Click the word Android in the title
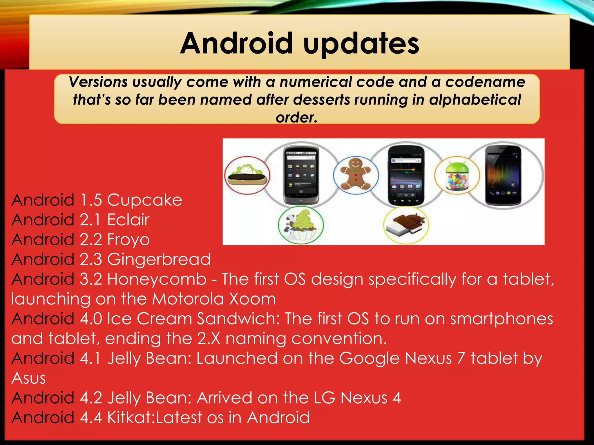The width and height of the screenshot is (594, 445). coord(236,43)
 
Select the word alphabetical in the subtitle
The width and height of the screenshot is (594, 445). coord(475,100)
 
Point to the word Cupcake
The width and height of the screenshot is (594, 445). coord(144,200)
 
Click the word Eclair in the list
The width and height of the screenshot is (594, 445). coord(128,220)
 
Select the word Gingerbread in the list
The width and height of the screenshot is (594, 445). coord(159,260)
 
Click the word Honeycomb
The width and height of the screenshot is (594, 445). coord(157,279)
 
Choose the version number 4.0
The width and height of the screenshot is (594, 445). coord(91,319)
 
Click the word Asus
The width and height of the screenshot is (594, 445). coord(29,378)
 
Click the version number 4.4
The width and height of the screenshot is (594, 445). coord(91,417)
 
